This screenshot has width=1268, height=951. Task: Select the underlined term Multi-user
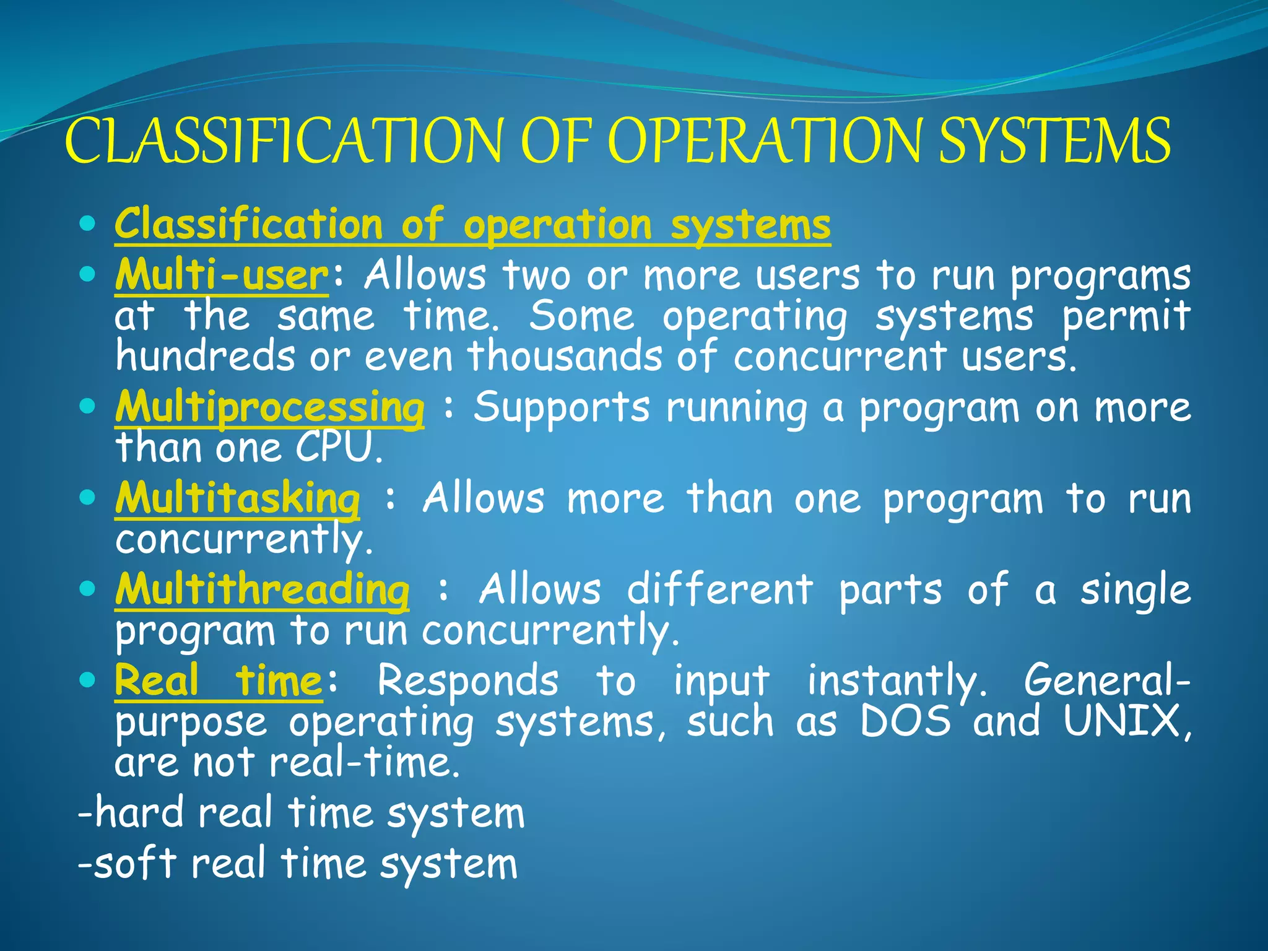coord(222,275)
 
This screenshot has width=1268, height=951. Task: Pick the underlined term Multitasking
coord(237,499)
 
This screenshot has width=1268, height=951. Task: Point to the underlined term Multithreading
coord(262,589)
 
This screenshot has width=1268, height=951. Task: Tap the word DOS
coord(905,722)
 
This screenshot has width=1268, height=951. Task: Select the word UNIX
coord(1123,722)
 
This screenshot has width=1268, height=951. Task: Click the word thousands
coord(565,357)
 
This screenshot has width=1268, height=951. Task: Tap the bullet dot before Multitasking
coord(88,497)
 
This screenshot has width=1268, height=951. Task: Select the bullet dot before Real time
coord(88,680)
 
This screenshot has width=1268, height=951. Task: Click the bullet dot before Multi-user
coord(88,273)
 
